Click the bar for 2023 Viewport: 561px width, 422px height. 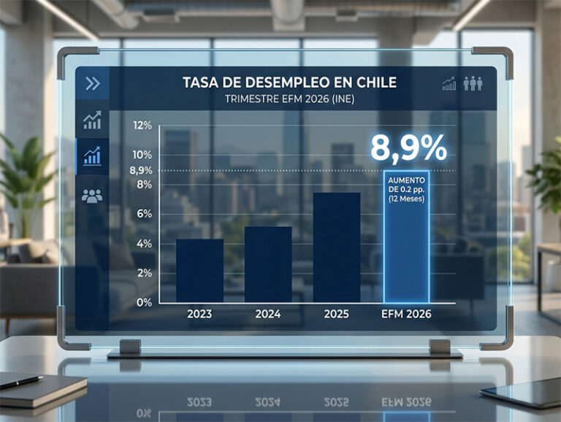(x=199, y=271)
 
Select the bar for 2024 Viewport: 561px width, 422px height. (x=267, y=264)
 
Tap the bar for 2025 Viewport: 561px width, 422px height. (x=336, y=248)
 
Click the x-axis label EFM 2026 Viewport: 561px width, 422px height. (x=406, y=315)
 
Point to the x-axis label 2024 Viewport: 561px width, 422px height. (x=267, y=315)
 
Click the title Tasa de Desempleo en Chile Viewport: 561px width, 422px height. (x=289, y=83)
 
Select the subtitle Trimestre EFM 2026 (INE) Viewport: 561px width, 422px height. (x=289, y=100)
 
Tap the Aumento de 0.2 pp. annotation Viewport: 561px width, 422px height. (x=406, y=188)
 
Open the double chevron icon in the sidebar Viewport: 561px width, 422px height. (x=92, y=83)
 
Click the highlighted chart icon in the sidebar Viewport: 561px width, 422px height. (x=92, y=156)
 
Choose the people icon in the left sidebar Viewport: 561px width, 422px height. (x=92, y=196)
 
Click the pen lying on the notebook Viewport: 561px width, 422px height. (x=20, y=381)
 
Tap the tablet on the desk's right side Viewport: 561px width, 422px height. (x=522, y=391)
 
